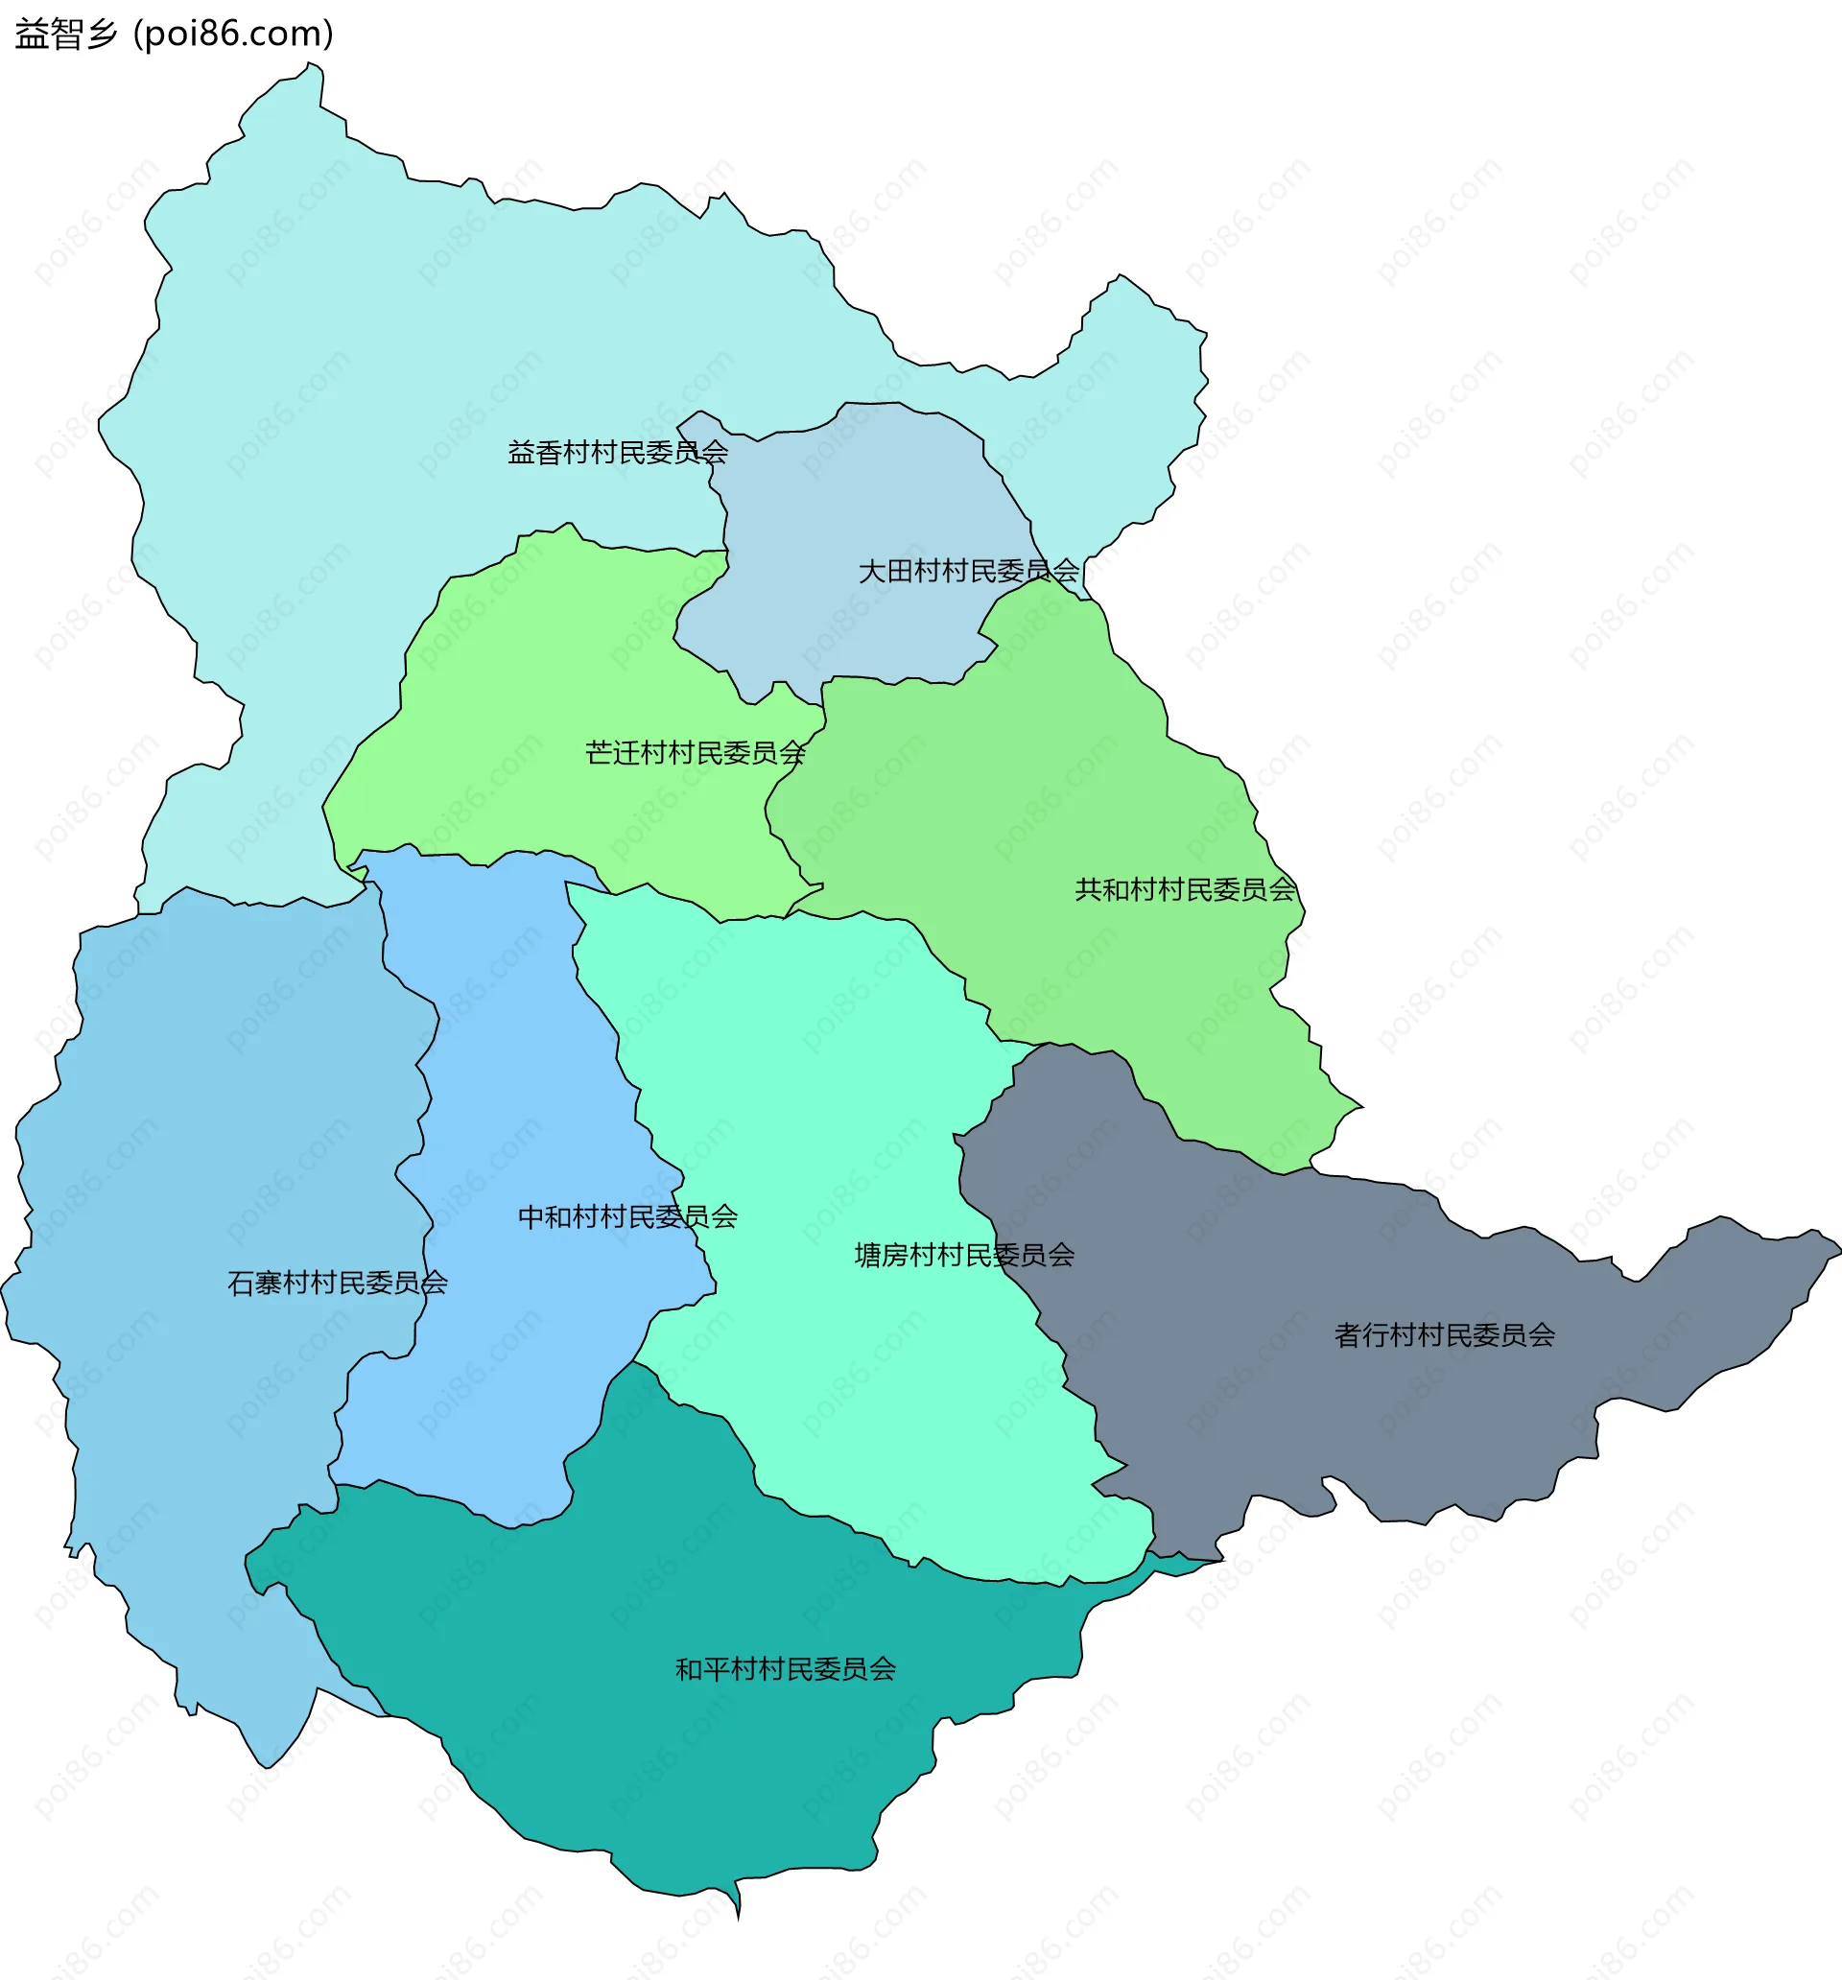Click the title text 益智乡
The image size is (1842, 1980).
[66, 34]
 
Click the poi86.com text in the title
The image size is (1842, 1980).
[233, 34]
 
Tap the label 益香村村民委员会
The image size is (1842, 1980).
[618, 453]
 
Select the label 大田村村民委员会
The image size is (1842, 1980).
[968, 572]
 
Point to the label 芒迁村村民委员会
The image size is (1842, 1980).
[696, 753]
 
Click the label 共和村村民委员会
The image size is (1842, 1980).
[1186, 889]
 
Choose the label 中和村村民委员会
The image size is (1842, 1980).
[627, 1217]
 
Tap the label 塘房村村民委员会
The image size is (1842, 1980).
[964, 1255]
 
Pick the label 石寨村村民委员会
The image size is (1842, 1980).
[337, 1283]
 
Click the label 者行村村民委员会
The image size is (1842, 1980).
[1445, 1335]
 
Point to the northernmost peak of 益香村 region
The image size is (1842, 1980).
[311, 68]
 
